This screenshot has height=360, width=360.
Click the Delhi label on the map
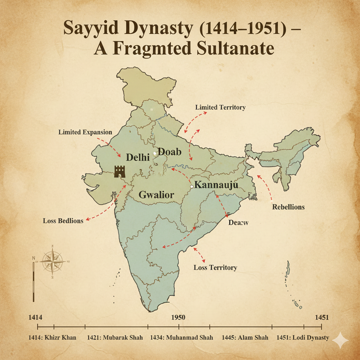(138, 158)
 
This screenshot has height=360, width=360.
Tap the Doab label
(169, 152)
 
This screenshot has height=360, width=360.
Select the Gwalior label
(156, 194)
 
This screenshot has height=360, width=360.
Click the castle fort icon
(120, 172)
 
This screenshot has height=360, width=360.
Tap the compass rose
(52, 262)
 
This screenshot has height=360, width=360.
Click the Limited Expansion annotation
(85, 133)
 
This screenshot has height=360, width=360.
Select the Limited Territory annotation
(220, 107)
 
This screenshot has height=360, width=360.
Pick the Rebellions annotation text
(288, 207)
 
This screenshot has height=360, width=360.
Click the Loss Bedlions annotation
(63, 221)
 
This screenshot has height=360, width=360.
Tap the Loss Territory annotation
(215, 268)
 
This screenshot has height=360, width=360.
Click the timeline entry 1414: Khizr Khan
(52, 337)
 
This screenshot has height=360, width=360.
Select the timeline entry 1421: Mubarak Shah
(115, 337)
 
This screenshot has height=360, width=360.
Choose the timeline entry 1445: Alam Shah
(245, 337)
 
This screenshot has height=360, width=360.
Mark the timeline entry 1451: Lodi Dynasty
(303, 337)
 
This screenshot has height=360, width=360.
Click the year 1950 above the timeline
(178, 317)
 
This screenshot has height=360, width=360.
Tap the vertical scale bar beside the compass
(33, 281)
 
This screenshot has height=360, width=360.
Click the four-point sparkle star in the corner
(341, 340)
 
